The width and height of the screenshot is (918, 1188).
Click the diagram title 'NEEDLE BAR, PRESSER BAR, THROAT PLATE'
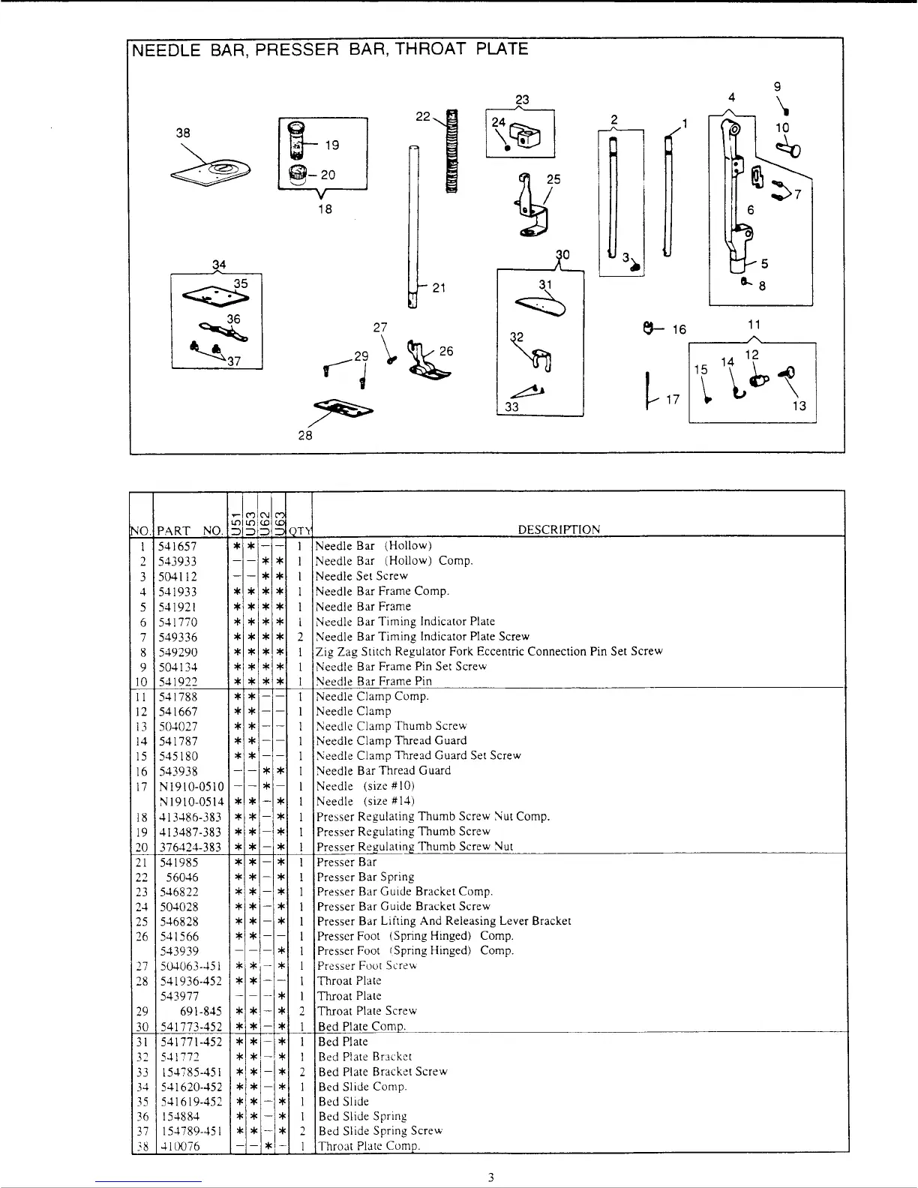[x=330, y=49]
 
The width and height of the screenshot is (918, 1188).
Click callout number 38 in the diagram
[x=183, y=133]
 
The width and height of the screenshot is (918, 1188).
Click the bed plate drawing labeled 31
[x=541, y=304]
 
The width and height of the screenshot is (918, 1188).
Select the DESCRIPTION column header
[x=559, y=529]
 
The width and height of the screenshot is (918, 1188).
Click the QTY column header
[x=300, y=530]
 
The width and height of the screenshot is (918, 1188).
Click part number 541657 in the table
[x=178, y=546]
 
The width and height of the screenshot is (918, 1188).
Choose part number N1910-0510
[x=191, y=786]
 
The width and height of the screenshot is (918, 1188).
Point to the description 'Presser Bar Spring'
[x=365, y=877]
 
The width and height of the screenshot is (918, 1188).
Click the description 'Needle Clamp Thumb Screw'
[x=391, y=726]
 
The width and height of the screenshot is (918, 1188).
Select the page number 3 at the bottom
[x=490, y=1177]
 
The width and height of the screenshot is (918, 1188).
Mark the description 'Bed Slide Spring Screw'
[x=380, y=1131]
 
